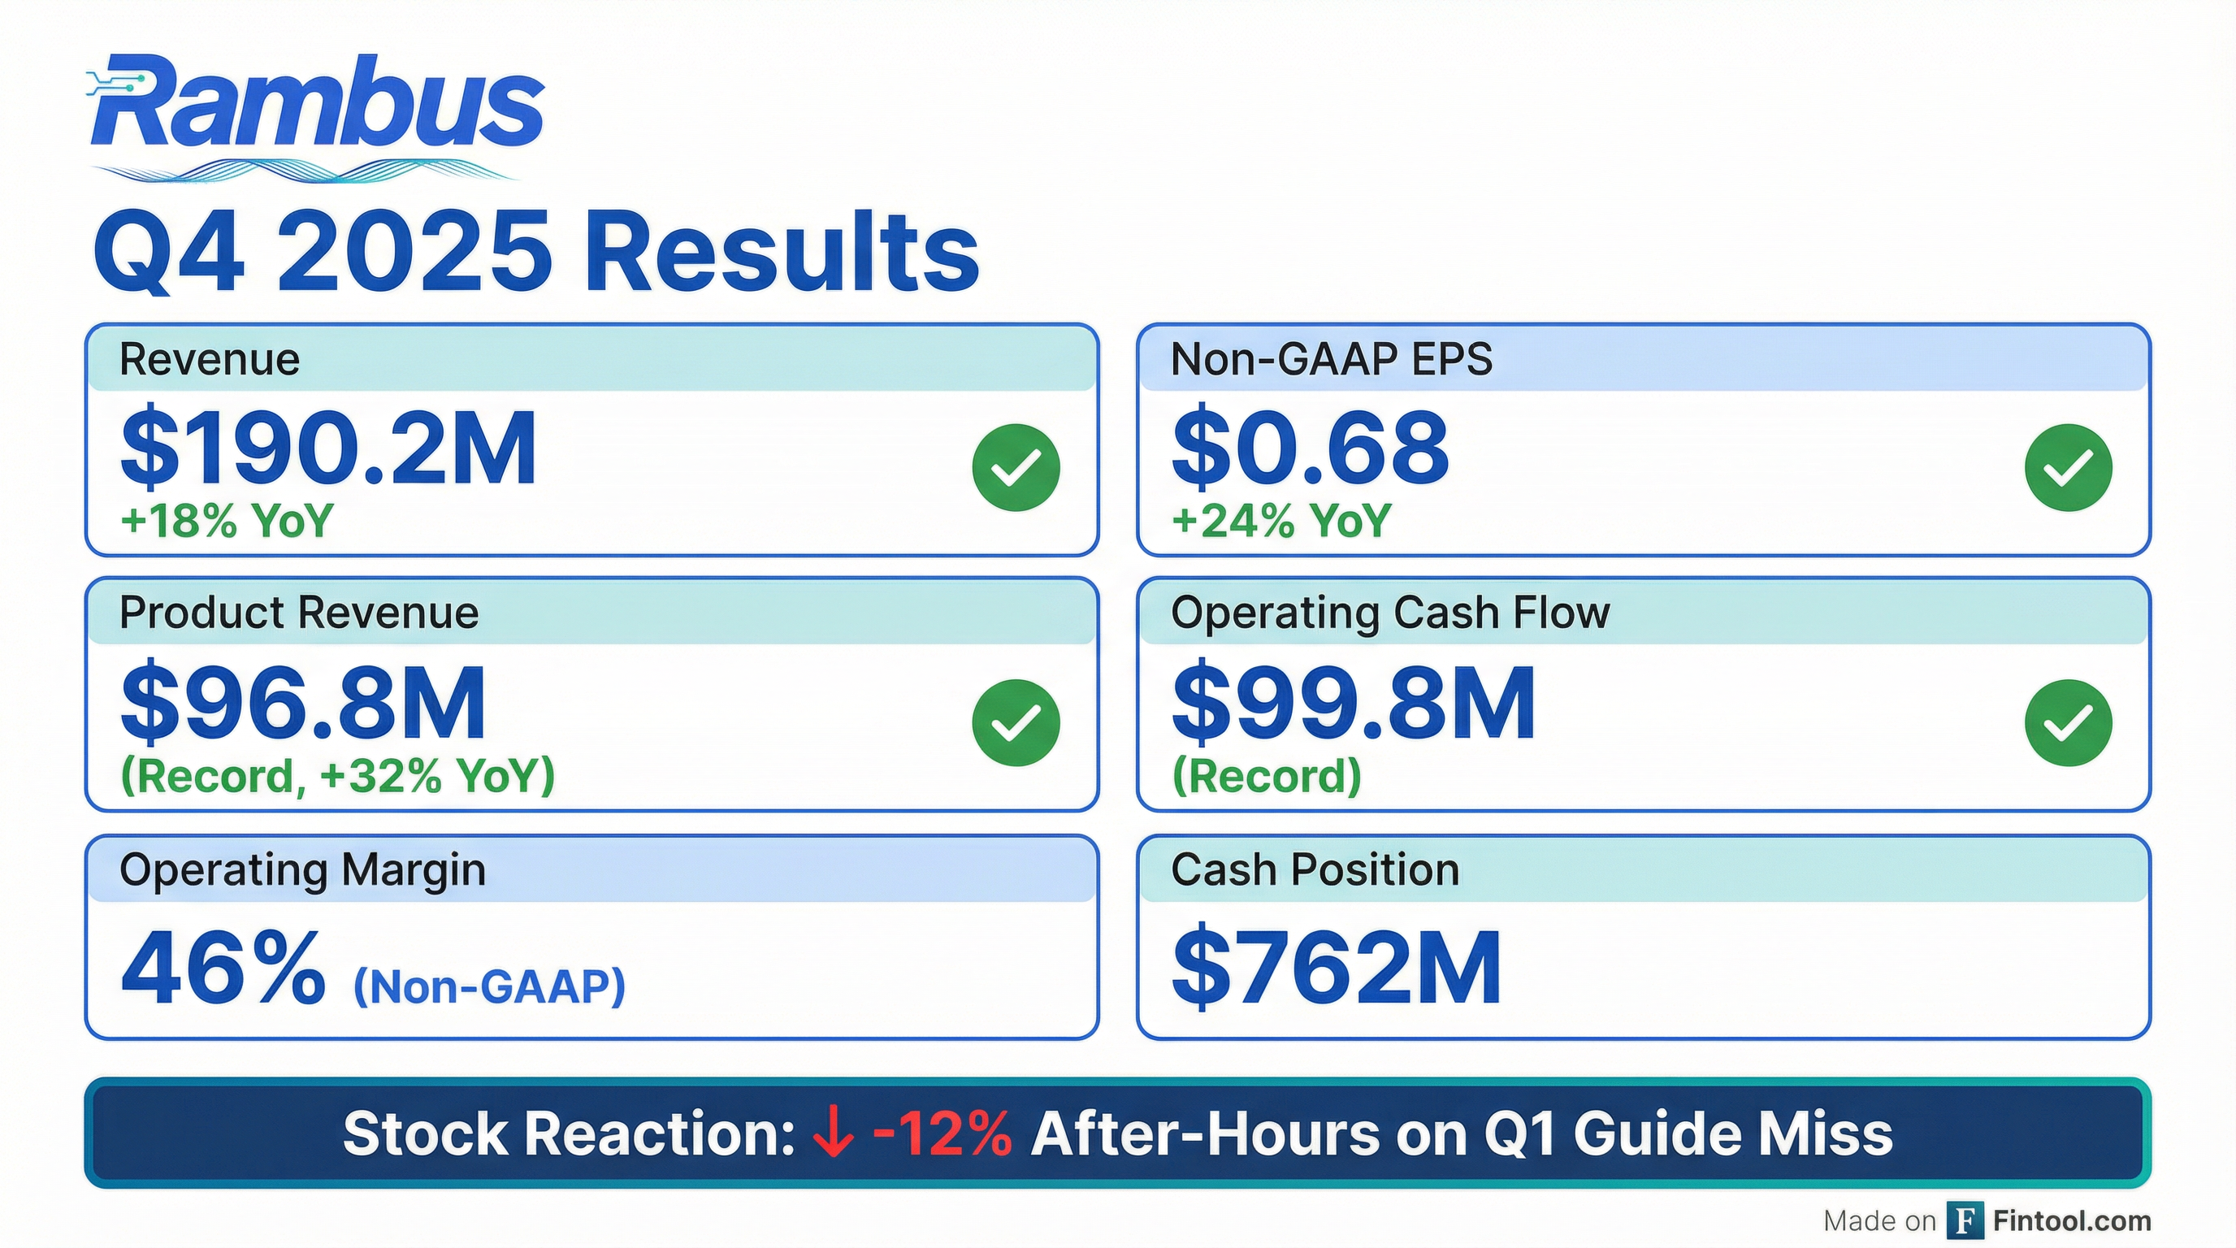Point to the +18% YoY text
(227, 521)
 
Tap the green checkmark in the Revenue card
(1016, 467)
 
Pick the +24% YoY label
(1281, 521)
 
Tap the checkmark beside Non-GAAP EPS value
(2068, 467)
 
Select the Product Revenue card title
(299, 613)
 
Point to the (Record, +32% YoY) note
(338, 775)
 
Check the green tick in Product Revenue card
(1016, 722)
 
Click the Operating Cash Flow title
(1389, 613)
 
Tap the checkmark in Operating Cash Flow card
(2068, 722)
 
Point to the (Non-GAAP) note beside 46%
(488, 986)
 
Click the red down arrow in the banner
(833, 1134)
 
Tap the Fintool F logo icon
(1965, 1221)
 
